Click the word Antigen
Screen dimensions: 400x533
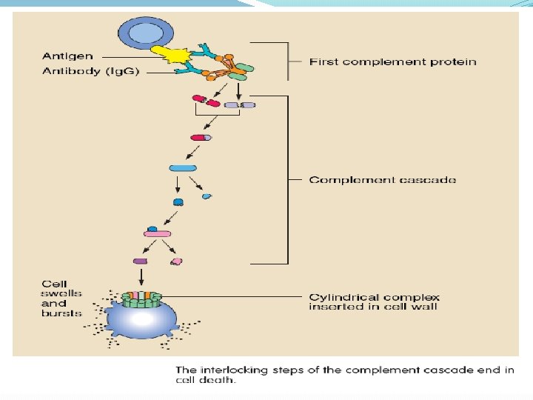point(68,56)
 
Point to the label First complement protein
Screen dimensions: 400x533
point(392,62)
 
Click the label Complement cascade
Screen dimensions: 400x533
point(382,180)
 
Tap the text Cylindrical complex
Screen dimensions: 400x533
point(374,298)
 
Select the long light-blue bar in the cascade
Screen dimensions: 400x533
point(183,168)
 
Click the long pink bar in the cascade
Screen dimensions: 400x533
point(157,234)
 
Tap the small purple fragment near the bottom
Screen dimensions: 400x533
point(139,261)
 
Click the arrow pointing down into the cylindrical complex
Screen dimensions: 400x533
point(141,276)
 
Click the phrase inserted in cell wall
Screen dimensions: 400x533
point(373,307)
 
